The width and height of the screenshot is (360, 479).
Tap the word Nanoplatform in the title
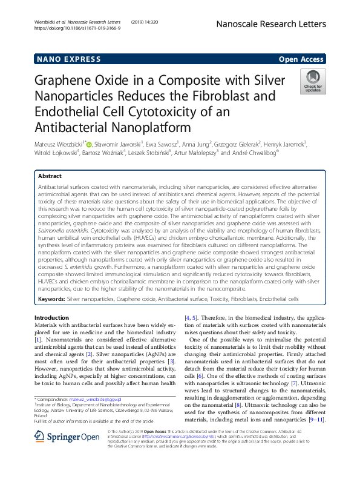[129, 128]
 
